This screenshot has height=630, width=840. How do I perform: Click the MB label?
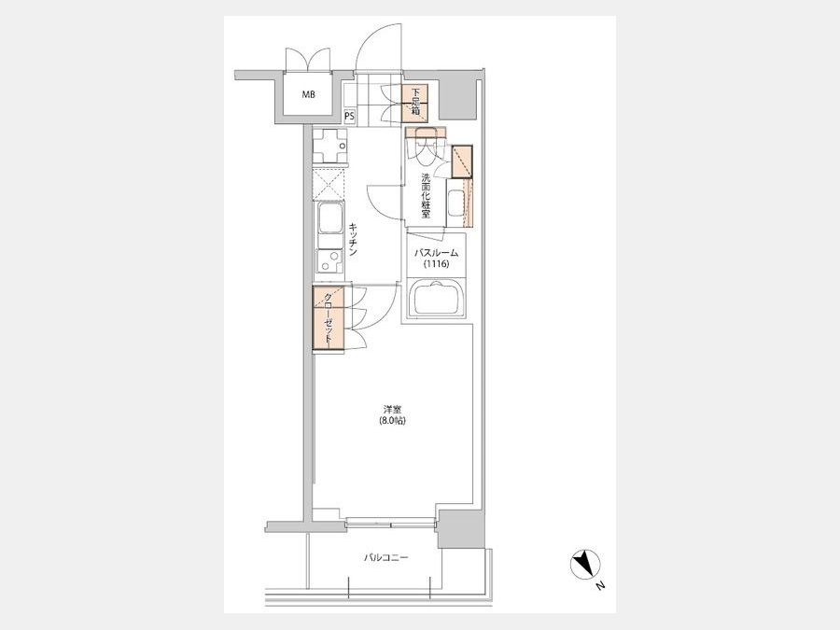[308, 95]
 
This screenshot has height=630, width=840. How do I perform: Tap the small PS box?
[349, 116]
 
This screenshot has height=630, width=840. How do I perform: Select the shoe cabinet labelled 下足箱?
[415, 103]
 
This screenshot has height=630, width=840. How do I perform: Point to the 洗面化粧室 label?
[426, 195]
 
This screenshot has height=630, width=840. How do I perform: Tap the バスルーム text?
[437, 253]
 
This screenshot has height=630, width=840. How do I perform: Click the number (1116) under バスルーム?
[437, 264]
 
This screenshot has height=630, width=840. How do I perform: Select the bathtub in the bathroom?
[436, 300]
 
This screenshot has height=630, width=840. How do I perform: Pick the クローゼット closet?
[329, 319]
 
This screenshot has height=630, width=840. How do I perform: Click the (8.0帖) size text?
[392, 421]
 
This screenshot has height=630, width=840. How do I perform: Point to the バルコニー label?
[385, 558]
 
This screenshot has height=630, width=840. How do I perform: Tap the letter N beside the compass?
[600, 586]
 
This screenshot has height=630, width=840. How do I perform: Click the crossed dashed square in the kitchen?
[329, 184]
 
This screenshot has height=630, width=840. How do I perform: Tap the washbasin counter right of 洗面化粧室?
[459, 203]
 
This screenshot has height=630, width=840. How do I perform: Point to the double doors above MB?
[307, 60]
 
